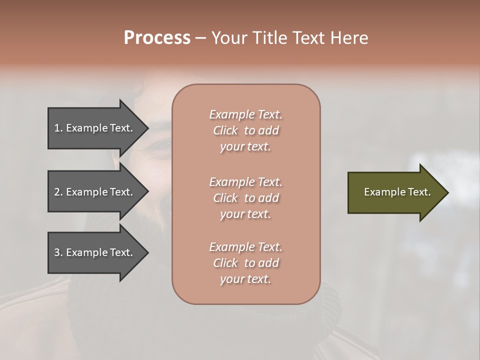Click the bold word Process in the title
point(157,38)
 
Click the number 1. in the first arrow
point(58,128)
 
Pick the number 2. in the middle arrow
point(58,192)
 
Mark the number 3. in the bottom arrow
point(58,252)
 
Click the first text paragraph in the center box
point(245,130)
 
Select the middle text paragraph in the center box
point(245,198)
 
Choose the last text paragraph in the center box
point(245,263)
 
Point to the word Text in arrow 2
point(120,192)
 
